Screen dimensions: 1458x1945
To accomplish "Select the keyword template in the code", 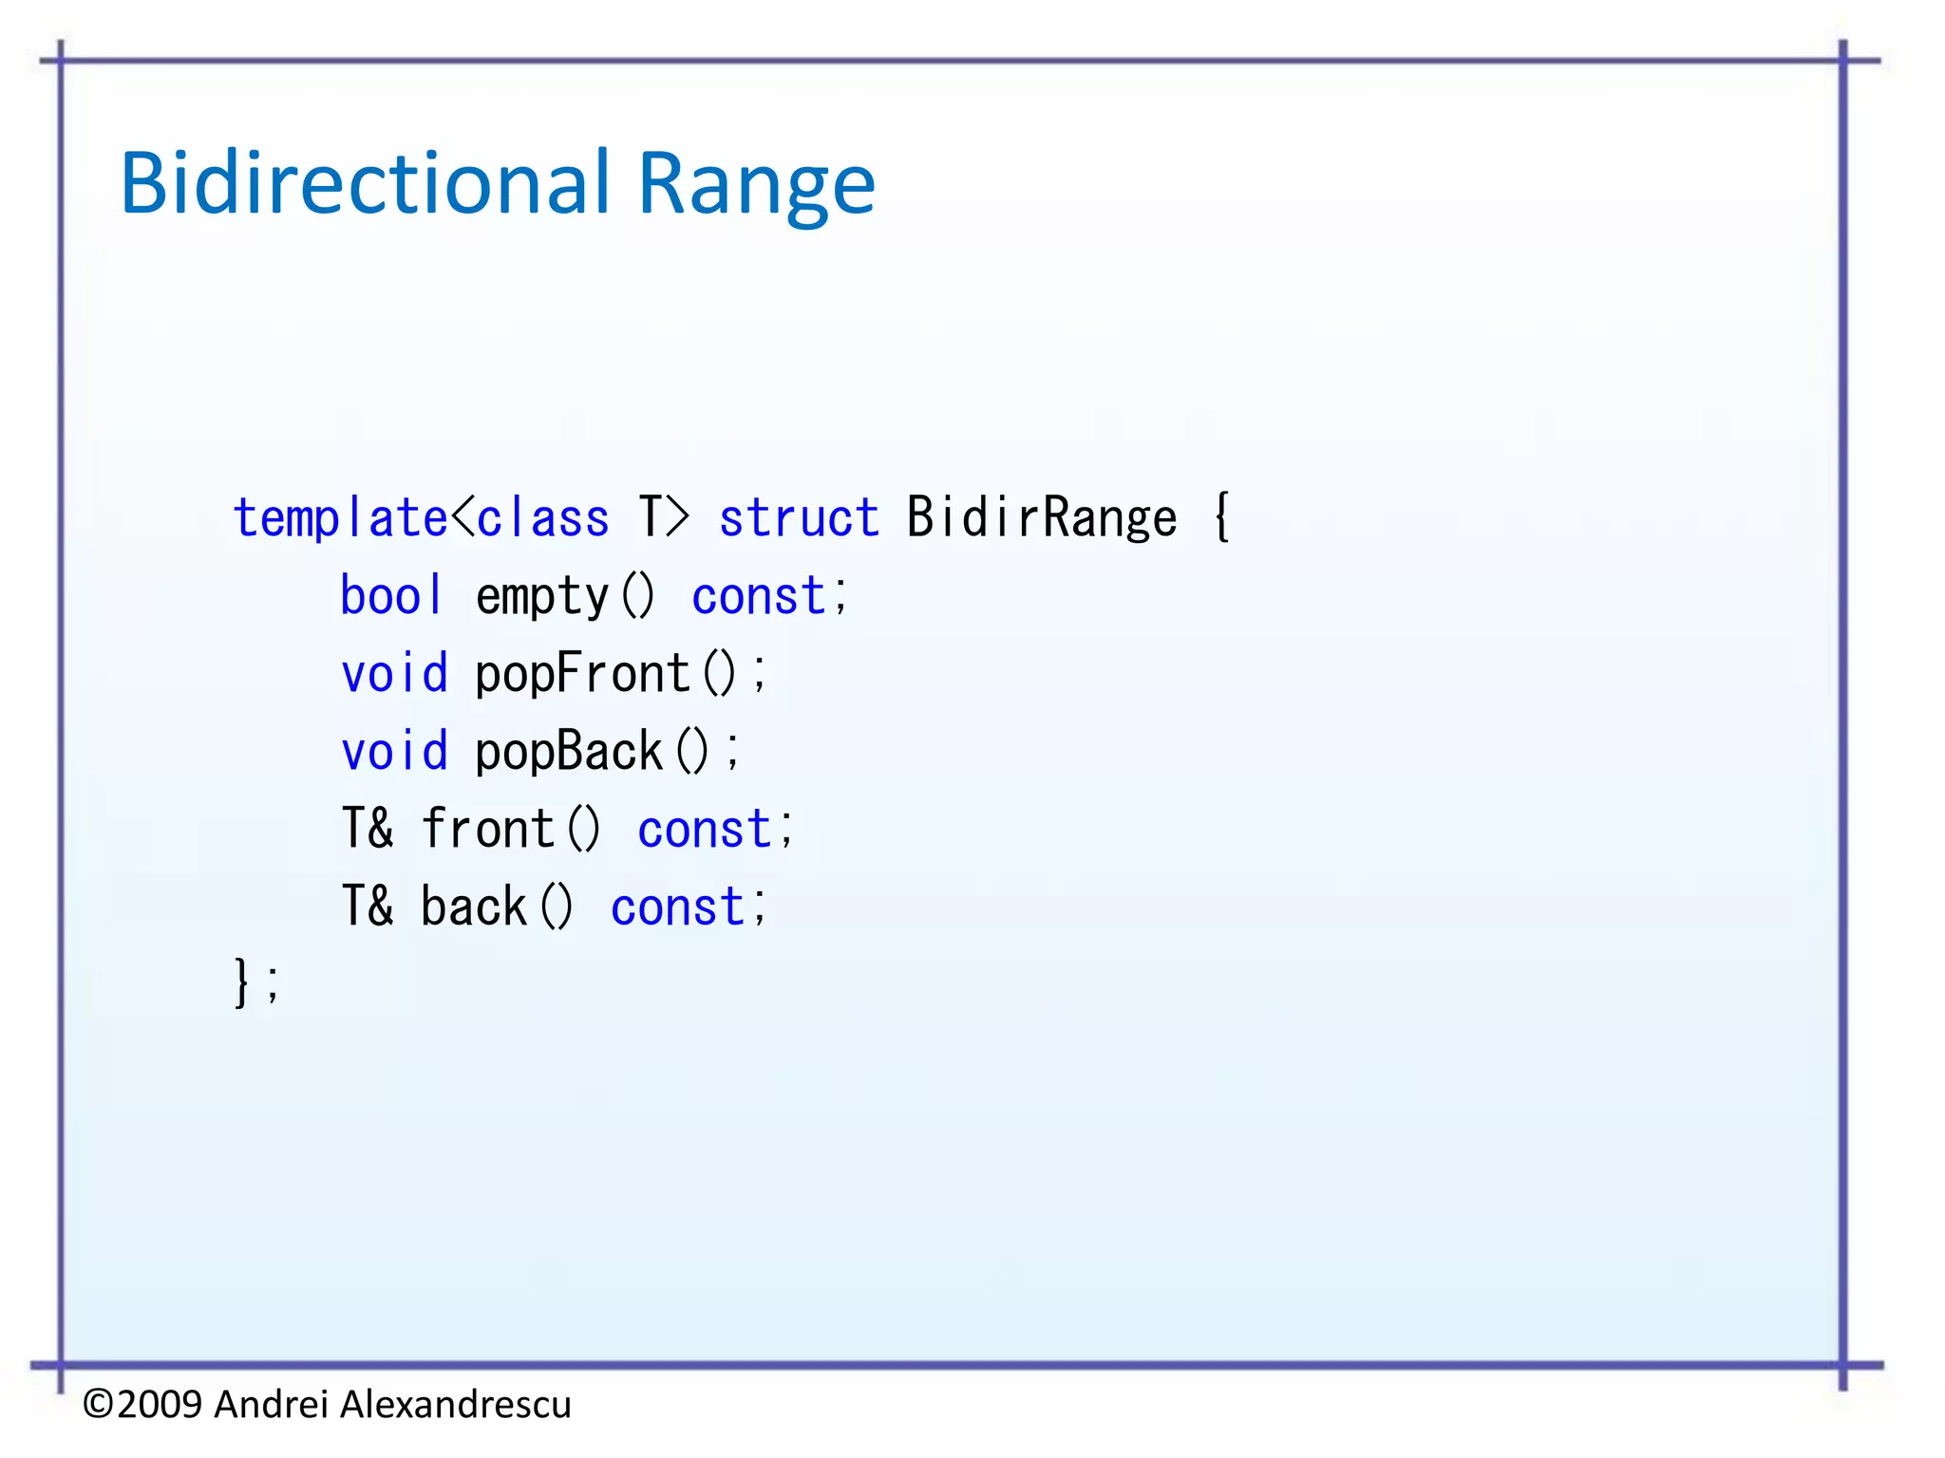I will pos(340,518).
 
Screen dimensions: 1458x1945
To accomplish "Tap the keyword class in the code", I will pos(542,518).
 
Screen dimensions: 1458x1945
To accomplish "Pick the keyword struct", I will pos(799,518).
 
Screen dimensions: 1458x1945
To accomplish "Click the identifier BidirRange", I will pos(1041,518).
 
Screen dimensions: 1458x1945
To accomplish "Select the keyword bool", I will pos(391,596).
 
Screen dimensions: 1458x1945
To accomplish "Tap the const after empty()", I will pos(758,596).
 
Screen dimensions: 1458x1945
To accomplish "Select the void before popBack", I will pos(394,752).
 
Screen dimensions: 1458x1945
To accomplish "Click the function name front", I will pos(487,829).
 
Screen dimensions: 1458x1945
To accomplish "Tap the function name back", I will pos(473,907).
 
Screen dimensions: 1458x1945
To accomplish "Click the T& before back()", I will pos(368,907).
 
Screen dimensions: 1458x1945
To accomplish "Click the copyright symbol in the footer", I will pos(99,1404).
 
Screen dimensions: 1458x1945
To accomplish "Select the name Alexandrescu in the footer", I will pos(455,1404).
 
